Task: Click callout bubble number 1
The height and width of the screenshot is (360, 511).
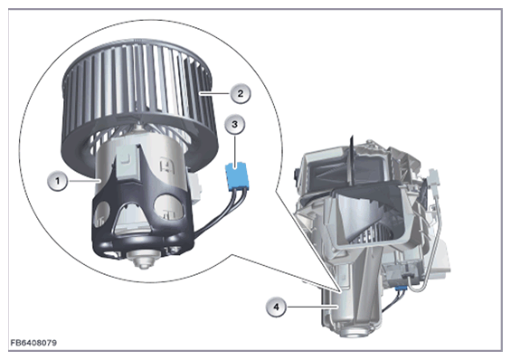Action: (x=58, y=180)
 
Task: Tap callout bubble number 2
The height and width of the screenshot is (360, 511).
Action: (x=241, y=93)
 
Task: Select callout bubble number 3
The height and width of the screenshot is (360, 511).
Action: (x=234, y=124)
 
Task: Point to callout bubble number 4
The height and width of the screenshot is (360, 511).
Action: (x=277, y=307)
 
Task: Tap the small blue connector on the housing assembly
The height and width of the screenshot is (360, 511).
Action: (x=400, y=289)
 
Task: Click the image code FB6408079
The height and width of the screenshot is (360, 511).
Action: (x=33, y=343)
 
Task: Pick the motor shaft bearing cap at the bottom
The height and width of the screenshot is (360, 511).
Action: (x=142, y=259)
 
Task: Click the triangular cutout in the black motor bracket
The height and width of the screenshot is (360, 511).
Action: (x=132, y=218)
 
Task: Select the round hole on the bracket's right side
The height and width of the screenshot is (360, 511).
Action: (x=169, y=207)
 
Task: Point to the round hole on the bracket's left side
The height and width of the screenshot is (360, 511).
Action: (x=101, y=213)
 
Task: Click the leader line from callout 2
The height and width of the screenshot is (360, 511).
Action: (x=215, y=93)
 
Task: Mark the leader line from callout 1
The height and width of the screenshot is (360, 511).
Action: (x=83, y=180)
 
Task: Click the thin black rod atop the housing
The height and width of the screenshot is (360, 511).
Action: (x=352, y=158)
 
